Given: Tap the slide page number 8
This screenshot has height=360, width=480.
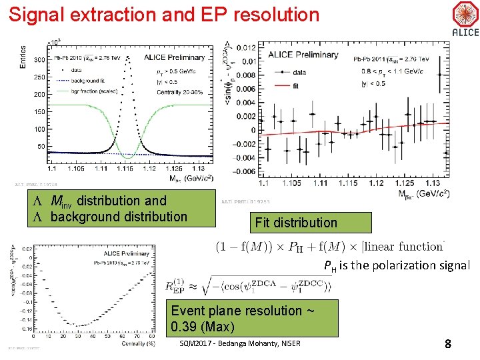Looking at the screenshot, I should [449, 344].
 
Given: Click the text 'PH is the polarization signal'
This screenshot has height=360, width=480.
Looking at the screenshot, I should [397, 265].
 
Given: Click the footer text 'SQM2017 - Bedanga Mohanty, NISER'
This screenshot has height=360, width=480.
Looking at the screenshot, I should [241, 344].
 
